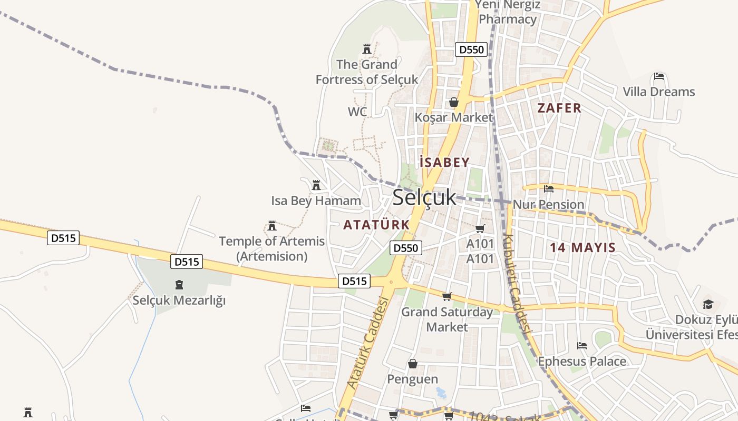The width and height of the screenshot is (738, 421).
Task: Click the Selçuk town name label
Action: (424, 197)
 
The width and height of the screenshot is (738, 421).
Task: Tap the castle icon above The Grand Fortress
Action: (367, 49)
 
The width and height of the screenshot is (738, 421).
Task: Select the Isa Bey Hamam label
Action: (316, 201)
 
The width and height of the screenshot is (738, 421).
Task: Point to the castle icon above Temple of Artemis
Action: (272, 226)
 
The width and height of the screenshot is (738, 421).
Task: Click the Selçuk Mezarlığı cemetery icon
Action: (179, 285)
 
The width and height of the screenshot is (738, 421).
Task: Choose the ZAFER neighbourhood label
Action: (559, 108)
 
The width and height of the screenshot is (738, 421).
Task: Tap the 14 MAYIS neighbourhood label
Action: (582, 247)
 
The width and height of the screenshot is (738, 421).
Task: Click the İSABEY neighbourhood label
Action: (444, 163)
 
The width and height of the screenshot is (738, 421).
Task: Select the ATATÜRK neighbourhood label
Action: (376, 225)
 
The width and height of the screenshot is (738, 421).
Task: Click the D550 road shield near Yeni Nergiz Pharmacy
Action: (470, 49)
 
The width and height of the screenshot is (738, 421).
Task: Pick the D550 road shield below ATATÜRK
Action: (406, 248)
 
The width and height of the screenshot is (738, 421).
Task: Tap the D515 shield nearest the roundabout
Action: (354, 281)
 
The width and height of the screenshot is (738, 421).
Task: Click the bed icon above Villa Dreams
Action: (658, 76)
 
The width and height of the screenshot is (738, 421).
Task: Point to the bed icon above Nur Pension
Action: (549, 188)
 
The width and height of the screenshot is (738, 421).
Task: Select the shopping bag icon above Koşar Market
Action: (453, 102)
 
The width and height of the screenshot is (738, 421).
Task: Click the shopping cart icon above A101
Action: (480, 228)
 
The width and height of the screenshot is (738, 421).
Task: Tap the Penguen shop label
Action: (413, 379)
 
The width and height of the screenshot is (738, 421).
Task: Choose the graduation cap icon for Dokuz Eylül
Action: (707, 304)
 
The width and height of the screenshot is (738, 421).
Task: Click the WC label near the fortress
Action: (357, 112)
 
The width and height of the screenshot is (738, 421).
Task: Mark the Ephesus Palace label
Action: (582, 362)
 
